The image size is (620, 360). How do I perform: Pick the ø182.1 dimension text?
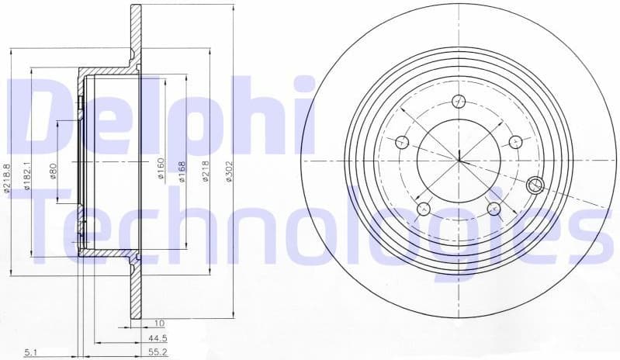[26, 175]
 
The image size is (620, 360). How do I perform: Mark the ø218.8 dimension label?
[7, 177]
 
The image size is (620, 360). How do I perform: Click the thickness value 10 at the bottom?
[159, 324]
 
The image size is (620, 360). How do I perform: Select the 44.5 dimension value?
[159, 338]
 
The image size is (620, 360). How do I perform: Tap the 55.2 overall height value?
[159, 352]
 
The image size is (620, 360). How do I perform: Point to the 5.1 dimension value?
[30, 352]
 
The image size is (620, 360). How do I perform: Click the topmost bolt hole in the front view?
[459, 99]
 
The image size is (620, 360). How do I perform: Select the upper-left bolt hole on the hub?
[402, 141]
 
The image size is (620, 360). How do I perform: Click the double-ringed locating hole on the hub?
[535, 185]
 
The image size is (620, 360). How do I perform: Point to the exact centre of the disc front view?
[459, 161]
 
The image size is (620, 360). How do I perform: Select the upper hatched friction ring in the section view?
[136, 39]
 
